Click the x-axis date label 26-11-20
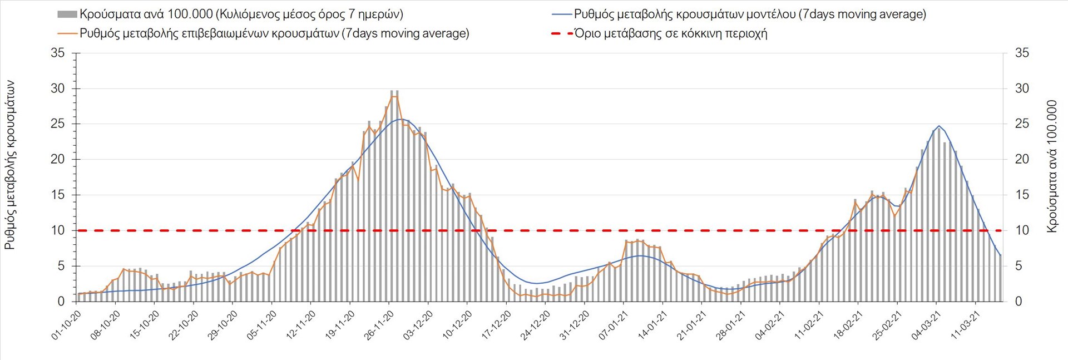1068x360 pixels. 379,325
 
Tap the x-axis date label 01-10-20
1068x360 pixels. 67,325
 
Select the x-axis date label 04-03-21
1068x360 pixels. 926,325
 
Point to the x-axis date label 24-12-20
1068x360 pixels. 536,325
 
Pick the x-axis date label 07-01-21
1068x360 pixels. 614,325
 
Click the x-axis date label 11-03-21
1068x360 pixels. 965,325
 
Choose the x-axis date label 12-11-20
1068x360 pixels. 301,325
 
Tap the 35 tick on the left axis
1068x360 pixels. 57,53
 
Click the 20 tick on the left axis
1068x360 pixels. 57,160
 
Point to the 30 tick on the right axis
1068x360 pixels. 1022,88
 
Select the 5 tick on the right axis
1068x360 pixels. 1018,266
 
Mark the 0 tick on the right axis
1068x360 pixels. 1018,302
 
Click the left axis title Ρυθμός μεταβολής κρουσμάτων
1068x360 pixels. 10,165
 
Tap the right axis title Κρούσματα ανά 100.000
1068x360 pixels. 1051,166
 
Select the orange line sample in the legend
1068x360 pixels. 67,33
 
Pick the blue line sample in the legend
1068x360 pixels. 562,14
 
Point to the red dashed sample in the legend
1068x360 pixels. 562,33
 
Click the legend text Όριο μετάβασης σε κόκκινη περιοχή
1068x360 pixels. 671,33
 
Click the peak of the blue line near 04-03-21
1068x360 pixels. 939,126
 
